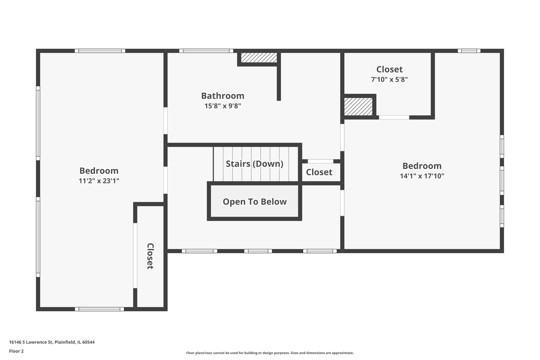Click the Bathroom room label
coord(223,96)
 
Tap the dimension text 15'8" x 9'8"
coord(223,106)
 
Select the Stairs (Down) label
coord(255,164)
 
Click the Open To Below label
coord(255,202)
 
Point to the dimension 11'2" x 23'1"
coord(99,181)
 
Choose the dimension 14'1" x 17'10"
coord(422,176)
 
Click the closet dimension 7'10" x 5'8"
coord(389,79)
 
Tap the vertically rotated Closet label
coord(150,256)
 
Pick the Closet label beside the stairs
coord(319,172)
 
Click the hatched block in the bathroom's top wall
coord(259,58)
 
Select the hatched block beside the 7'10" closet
coord(358,107)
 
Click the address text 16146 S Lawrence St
coord(31,342)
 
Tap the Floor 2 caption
coord(16,351)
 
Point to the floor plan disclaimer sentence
coord(270,353)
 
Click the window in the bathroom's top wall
coord(206,51)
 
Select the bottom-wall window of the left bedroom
coord(99,309)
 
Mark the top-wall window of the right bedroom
coord(469,51)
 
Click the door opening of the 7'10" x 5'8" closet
coord(394,117)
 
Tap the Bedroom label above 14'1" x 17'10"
coord(422,166)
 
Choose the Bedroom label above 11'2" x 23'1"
coord(99,171)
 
